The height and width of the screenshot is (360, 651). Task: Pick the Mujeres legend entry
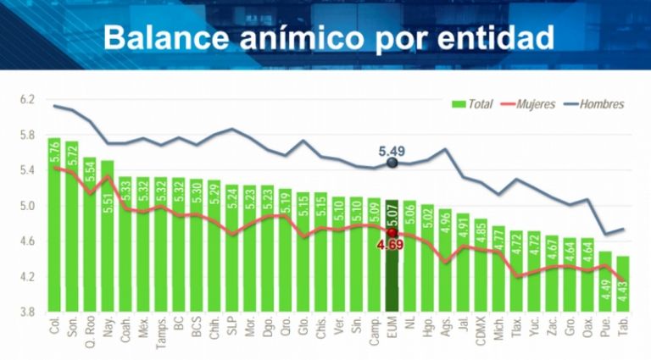click(534, 104)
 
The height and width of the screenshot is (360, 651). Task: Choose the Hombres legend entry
click(601, 104)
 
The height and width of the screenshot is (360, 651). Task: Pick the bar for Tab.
click(623, 284)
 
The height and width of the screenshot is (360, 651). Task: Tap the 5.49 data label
click(392, 152)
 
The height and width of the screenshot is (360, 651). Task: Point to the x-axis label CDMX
click(481, 328)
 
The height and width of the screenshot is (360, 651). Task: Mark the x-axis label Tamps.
click(160, 330)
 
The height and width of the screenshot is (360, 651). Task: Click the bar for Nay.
click(108, 237)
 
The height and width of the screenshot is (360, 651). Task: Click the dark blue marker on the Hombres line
click(392, 163)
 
